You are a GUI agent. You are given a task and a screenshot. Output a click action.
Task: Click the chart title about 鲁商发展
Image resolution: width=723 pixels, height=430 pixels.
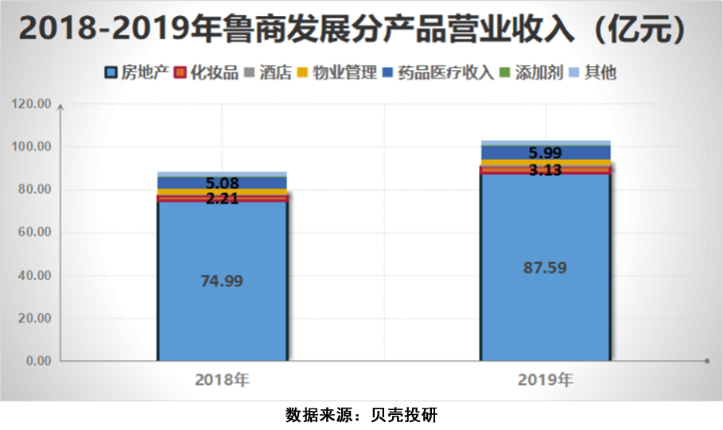click(x=361, y=29)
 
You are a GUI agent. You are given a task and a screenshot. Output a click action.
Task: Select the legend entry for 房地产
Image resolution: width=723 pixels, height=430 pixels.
click(x=137, y=73)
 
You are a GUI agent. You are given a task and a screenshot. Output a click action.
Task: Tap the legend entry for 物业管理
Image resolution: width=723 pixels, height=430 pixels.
click(x=336, y=73)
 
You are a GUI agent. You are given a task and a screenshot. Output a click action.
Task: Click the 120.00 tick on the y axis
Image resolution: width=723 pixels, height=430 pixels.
click(x=33, y=104)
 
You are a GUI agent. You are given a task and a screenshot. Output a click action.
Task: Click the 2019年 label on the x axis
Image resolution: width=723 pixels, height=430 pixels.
click(x=545, y=380)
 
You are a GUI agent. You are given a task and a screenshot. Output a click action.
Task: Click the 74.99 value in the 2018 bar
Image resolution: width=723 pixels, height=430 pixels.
click(x=222, y=281)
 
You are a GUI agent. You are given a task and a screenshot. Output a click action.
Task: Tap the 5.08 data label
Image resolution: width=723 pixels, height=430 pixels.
click(x=222, y=184)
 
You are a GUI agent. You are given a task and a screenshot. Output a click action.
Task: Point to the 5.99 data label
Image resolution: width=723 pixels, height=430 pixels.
click(x=546, y=153)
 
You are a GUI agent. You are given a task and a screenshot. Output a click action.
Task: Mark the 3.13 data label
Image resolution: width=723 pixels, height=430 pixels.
click(x=546, y=169)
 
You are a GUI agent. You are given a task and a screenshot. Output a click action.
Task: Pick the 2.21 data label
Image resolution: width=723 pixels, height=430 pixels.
click(x=222, y=198)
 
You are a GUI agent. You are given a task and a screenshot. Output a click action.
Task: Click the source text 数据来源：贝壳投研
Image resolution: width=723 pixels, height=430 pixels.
click(x=361, y=415)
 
